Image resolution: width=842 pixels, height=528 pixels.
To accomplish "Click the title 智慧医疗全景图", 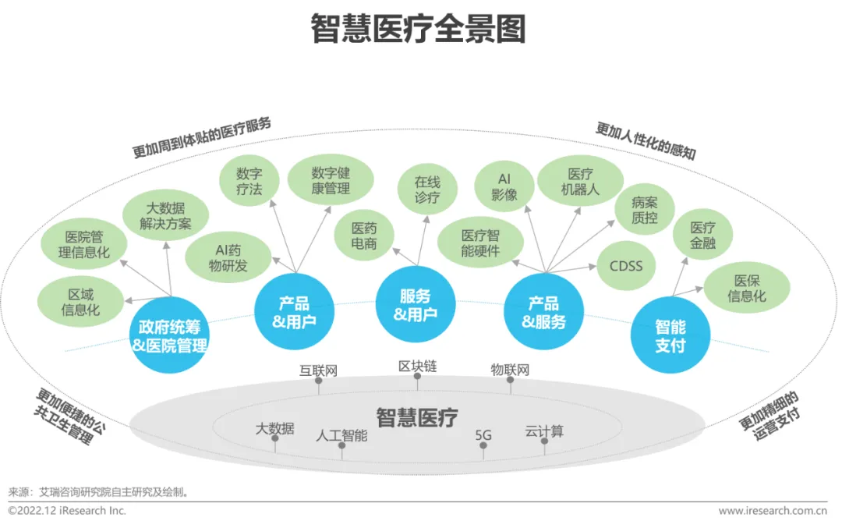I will tap(419, 30).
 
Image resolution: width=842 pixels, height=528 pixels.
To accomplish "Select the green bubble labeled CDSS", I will tap(626, 267).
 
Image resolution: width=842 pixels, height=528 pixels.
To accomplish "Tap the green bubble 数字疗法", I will tap(249, 181).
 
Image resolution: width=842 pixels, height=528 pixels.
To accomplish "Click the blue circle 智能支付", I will tap(670, 335).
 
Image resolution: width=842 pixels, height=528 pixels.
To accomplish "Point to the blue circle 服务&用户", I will tap(416, 305).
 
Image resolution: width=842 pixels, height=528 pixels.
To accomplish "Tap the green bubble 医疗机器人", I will tap(580, 182).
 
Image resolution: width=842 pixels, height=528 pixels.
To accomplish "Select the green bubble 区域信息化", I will tap(81, 302).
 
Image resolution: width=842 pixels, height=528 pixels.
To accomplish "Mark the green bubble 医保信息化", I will tap(747, 289).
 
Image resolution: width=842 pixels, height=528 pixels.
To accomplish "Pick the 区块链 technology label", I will tap(417, 367).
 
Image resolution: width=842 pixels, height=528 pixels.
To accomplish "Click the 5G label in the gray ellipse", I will tap(483, 435).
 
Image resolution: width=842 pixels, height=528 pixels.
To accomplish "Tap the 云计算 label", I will tap(544, 431).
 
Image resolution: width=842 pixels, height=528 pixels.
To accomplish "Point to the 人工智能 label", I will tap(341, 435).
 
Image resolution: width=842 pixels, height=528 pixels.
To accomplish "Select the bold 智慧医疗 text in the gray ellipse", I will tap(417, 417).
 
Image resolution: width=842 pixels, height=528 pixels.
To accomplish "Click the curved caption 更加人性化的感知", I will tap(646, 140).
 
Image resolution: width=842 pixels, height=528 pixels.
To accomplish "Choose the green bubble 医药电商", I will tap(364, 236).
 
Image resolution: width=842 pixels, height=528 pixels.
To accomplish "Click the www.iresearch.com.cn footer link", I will tap(772, 511).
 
